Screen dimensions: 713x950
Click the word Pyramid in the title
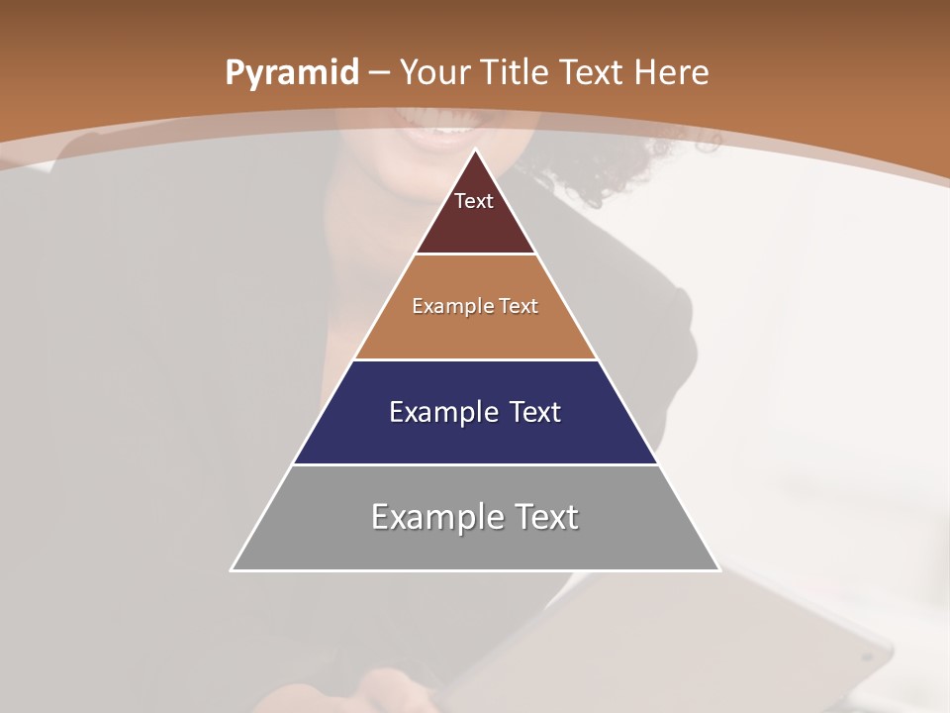pyautogui.click(x=291, y=73)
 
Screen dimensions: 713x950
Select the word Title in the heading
pyautogui.click(x=515, y=72)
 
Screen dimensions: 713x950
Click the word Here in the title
pyautogui.click(x=671, y=72)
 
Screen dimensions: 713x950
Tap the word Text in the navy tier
pyautogui.click(x=535, y=412)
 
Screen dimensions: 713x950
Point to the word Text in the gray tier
pyautogui.click(x=544, y=517)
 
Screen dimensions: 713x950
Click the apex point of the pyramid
pyautogui.click(x=475, y=151)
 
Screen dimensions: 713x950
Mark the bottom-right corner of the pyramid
pyautogui.click(x=718, y=569)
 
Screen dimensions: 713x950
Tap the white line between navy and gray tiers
pyautogui.click(x=475, y=464)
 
